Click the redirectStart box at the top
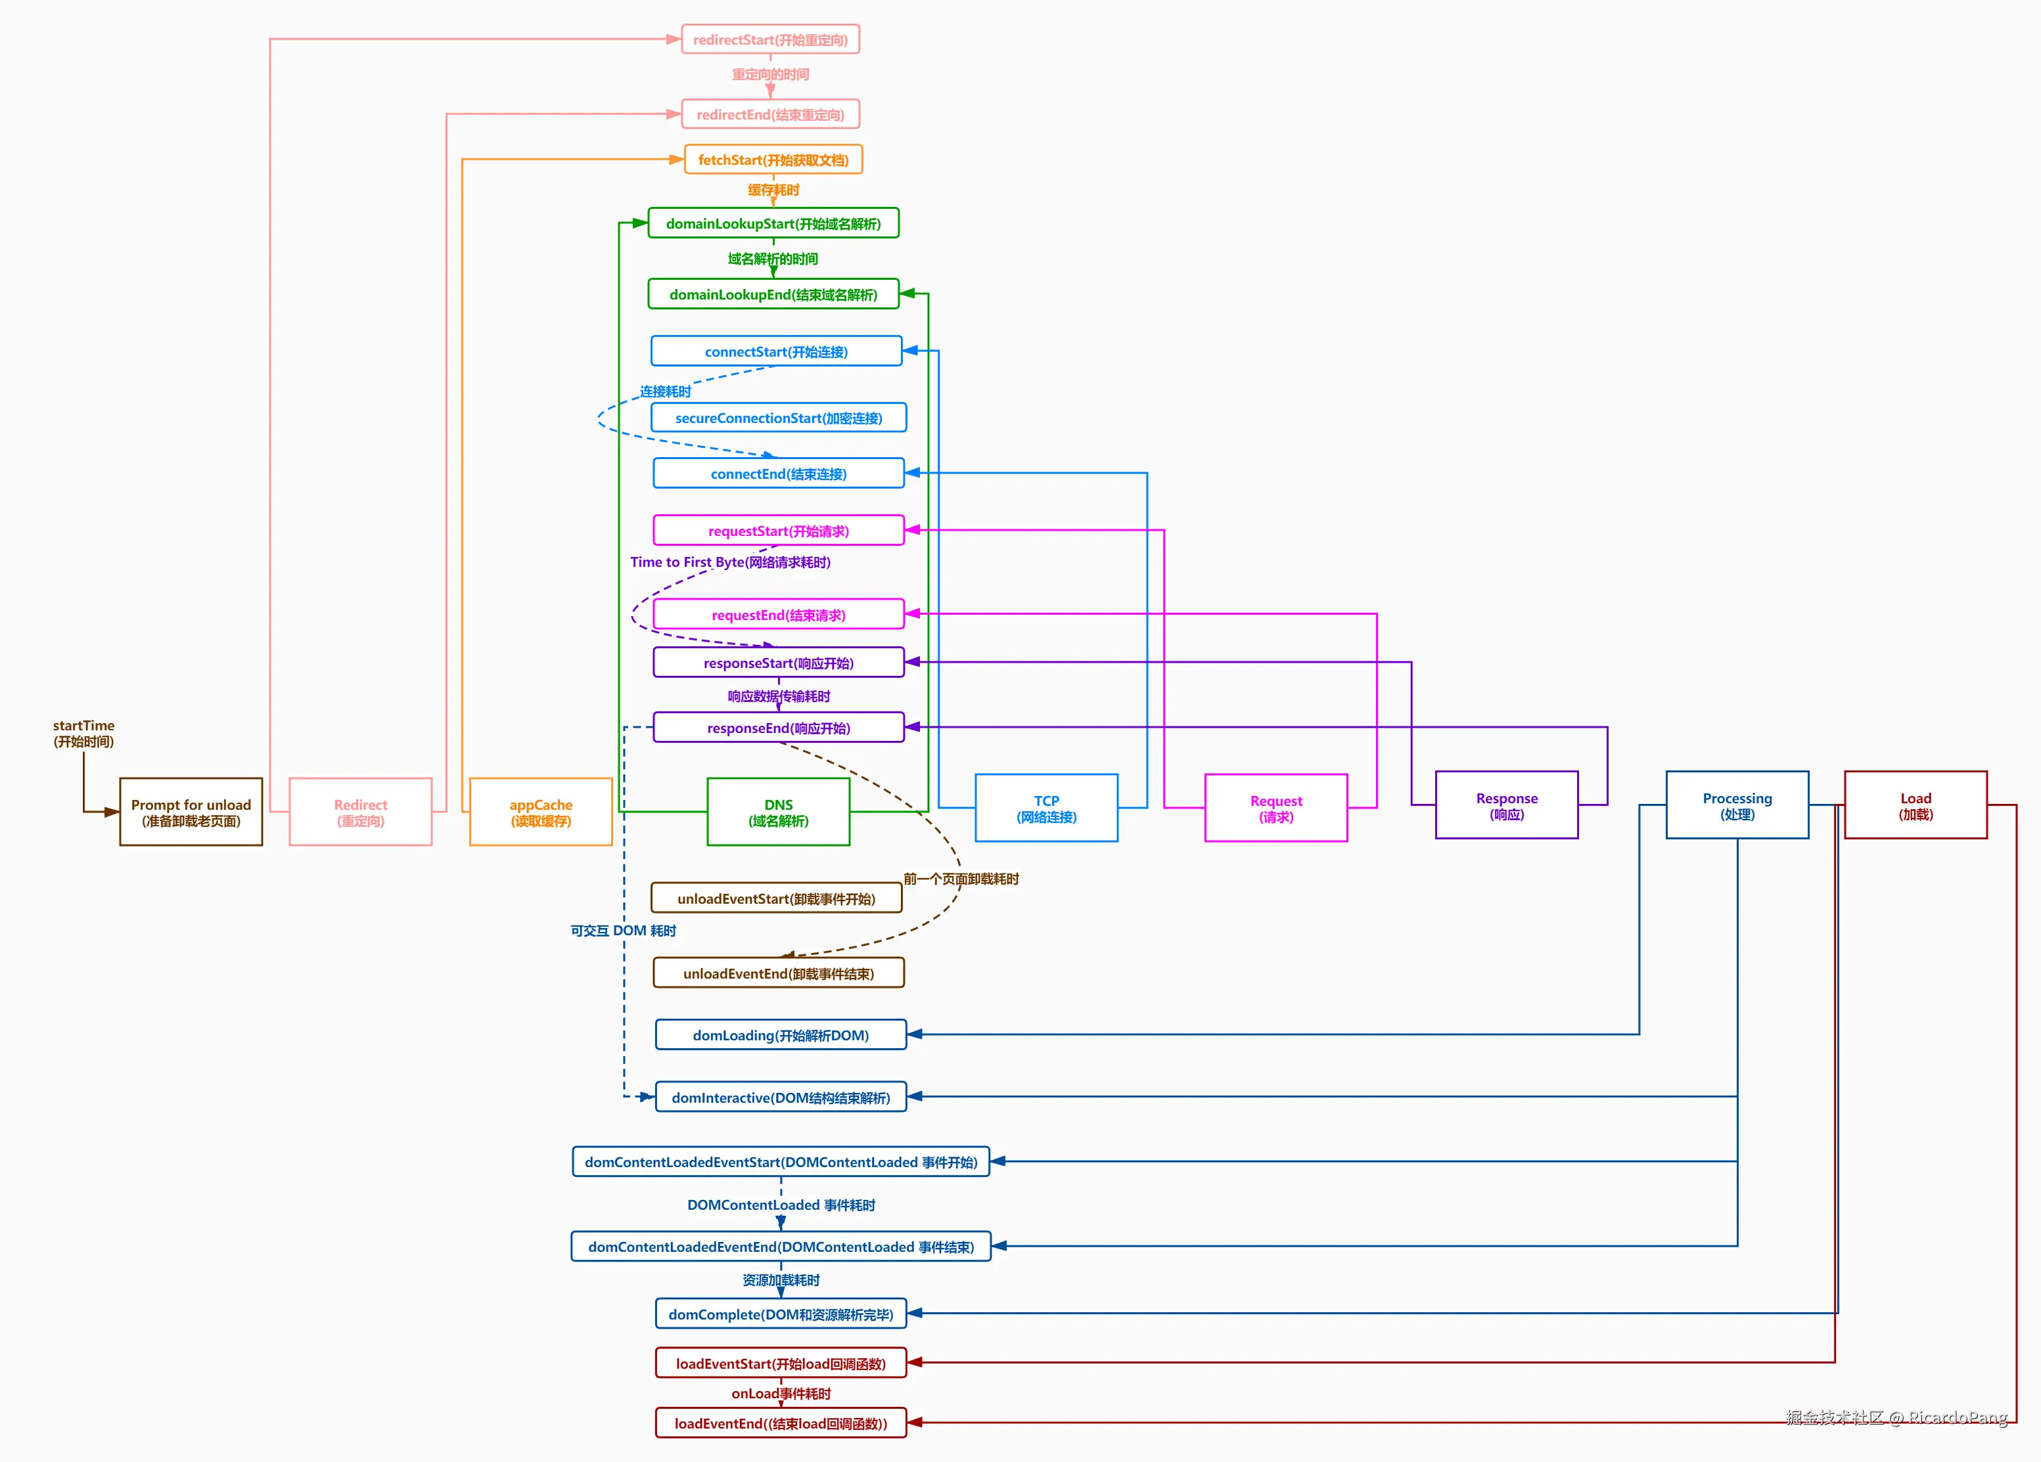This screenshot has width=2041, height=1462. tap(770, 39)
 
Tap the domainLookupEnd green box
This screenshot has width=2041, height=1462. tap(773, 294)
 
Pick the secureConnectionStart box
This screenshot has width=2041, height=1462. tap(779, 418)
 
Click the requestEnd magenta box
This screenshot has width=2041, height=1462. tap(779, 615)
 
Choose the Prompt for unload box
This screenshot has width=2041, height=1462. tap(191, 812)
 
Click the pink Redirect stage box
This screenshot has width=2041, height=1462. tap(361, 812)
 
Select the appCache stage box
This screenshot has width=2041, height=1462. tap(541, 812)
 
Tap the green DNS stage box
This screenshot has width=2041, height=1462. tap(779, 812)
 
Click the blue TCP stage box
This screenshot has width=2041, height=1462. tap(1047, 808)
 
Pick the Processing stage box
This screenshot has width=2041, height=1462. tap(1737, 805)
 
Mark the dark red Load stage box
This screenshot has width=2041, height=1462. tap(1916, 805)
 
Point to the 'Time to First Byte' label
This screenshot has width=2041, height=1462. tap(730, 562)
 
